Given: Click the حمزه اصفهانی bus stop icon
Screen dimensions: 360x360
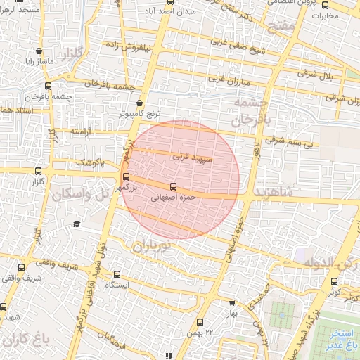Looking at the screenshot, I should tap(174, 187).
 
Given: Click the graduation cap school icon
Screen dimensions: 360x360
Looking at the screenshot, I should tap(76, 224).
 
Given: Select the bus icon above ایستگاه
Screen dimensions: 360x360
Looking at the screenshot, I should tap(117, 275).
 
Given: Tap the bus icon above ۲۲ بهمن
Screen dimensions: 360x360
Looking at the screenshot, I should tap(200, 321).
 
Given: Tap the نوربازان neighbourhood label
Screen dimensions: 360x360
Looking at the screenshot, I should tap(151, 246).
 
